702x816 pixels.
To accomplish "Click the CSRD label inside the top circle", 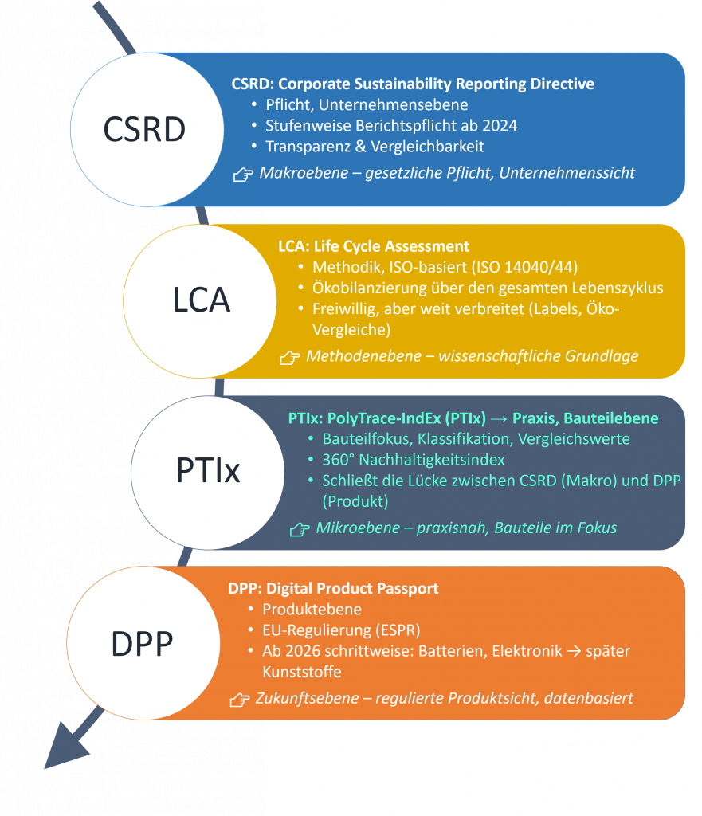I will [x=144, y=130].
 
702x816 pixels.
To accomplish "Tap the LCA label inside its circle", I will [x=201, y=299].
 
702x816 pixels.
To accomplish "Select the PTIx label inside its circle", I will [x=207, y=471].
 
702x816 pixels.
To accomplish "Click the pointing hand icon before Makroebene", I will [x=243, y=174].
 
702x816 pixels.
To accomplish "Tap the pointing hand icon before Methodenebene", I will [x=289, y=358].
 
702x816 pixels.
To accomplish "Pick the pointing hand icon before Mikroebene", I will [x=299, y=528].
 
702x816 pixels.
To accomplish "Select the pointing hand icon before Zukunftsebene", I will [x=239, y=700].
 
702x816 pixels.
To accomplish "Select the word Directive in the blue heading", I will [x=564, y=84].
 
